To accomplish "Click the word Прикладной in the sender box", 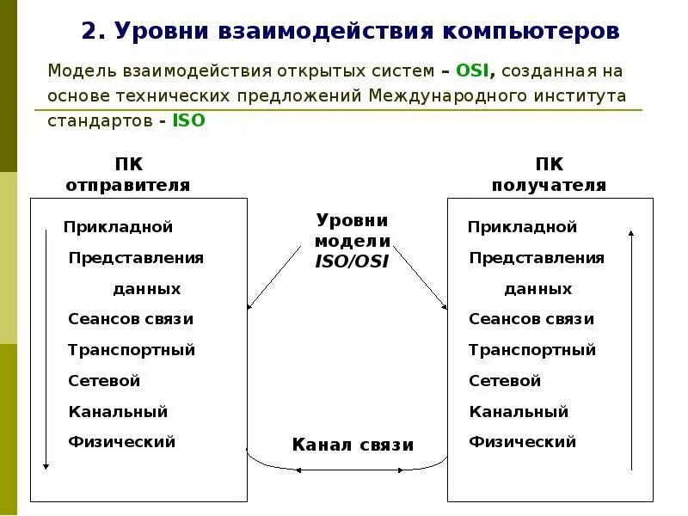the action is pyautogui.click(x=118, y=227).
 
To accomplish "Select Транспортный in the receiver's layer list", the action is pyautogui.click(x=532, y=350).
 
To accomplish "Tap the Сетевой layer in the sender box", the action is pyautogui.click(x=104, y=380).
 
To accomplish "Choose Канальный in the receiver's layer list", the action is pyautogui.click(x=519, y=412).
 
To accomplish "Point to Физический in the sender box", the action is pyautogui.click(x=121, y=442).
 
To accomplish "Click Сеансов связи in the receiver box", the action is pyautogui.click(x=531, y=319).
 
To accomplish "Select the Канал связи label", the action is pyautogui.click(x=353, y=445).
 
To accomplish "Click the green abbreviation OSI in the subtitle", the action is pyautogui.click(x=472, y=71).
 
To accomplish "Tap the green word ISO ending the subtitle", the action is pyautogui.click(x=189, y=120).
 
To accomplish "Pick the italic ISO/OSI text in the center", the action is pyautogui.click(x=353, y=261).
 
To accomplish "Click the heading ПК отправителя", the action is pyautogui.click(x=127, y=175).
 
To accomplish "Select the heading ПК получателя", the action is pyautogui.click(x=549, y=175).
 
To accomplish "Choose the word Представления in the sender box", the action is pyautogui.click(x=136, y=258).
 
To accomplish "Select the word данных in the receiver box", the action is pyautogui.click(x=537, y=289).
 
